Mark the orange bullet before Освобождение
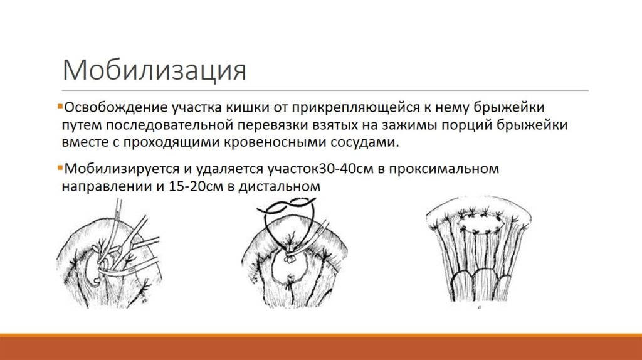pyautogui.click(x=58, y=105)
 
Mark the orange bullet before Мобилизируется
pyautogui.click(x=58, y=168)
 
